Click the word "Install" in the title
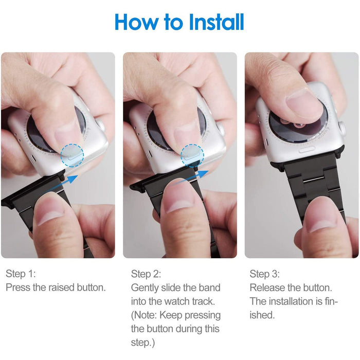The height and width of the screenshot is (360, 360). (217, 22)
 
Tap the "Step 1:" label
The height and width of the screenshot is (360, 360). (21, 274)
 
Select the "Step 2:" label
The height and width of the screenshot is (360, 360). (146, 274)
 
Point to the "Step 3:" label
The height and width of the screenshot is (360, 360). (265, 274)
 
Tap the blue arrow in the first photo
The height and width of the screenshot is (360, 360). (62, 184)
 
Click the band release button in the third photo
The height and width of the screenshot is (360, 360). (307, 150)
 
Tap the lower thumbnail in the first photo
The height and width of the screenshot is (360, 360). (51, 212)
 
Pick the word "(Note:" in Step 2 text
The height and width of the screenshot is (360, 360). (144, 315)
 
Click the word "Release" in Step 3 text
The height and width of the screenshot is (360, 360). (267, 287)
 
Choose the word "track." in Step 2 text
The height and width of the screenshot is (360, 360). (203, 301)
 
